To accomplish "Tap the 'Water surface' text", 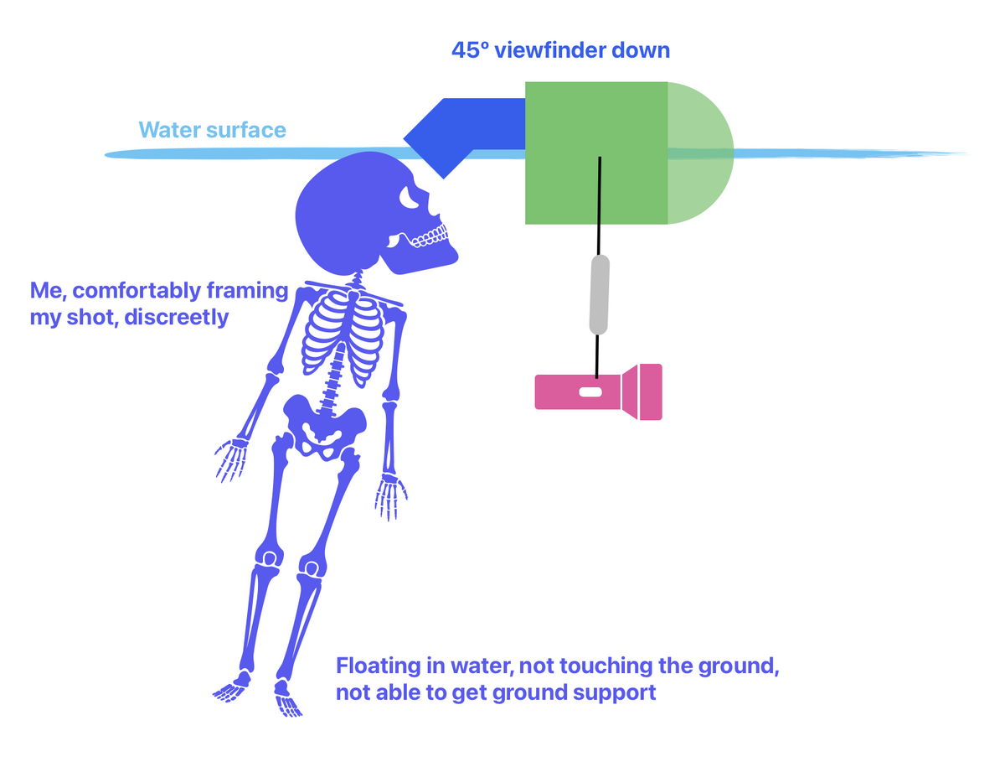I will (x=212, y=130).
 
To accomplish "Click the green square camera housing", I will (x=595, y=153).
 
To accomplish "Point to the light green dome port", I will (x=700, y=153).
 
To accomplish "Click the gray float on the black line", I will (x=599, y=293).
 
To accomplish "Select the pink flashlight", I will (x=598, y=391).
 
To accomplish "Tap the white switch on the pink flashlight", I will (x=590, y=392).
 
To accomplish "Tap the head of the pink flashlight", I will (x=642, y=391).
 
